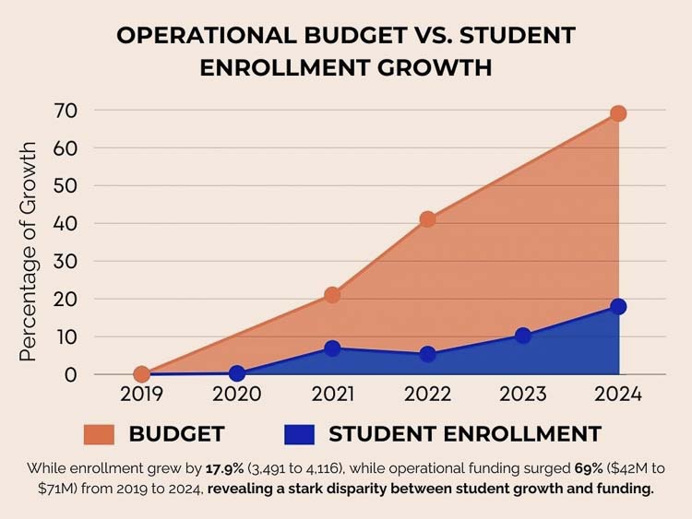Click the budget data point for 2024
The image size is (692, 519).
618,113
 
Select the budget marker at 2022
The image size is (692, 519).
427,219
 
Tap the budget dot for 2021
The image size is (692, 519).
332,295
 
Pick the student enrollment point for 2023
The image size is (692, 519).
523,336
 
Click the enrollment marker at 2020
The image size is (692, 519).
237,373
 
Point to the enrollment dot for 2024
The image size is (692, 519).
618,307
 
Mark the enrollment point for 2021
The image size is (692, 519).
332,348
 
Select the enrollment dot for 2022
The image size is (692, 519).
427,354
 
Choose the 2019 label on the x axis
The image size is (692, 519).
141,395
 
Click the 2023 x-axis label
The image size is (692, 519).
523,395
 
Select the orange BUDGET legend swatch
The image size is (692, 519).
98,433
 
